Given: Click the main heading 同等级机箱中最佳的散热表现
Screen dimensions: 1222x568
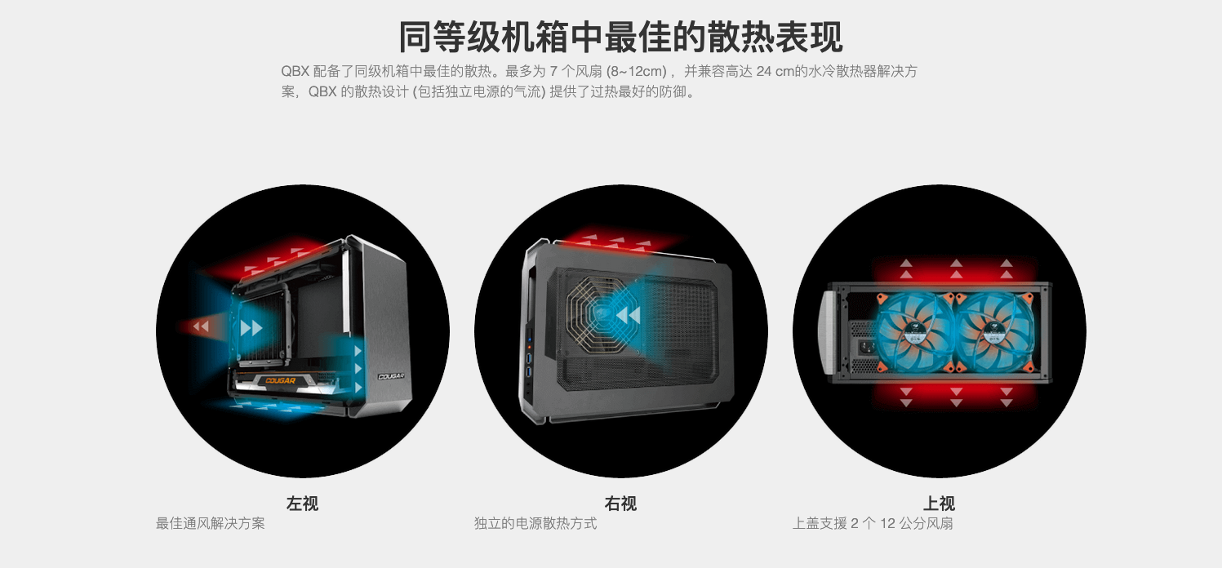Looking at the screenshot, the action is click(621, 37).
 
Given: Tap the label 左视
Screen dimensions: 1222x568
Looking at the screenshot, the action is click(302, 503).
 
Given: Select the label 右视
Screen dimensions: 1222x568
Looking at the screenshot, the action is click(620, 503).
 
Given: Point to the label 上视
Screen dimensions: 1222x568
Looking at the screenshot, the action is click(939, 503).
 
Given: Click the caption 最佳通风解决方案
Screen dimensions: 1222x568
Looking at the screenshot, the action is click(211, 523).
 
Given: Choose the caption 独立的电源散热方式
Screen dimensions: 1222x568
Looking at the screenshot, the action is click(535, 523).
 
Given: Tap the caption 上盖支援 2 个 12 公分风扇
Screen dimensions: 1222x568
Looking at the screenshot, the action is click(873, 523).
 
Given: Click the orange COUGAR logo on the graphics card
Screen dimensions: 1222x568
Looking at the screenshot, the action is click(280, 380).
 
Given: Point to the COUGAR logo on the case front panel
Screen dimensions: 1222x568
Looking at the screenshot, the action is click(391, 376).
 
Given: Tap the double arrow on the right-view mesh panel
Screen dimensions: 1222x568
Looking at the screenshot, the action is click(628, 315).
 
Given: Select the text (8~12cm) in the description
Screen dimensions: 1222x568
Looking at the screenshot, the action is click(637, 72).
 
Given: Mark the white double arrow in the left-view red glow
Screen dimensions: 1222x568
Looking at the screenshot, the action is click(201, 326).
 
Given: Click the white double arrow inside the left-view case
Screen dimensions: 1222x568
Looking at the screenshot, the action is click(251, 327).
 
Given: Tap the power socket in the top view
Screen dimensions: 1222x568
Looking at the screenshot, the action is click(867, 347).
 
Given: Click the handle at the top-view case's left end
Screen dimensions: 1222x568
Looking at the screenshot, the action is click(829, 332).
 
